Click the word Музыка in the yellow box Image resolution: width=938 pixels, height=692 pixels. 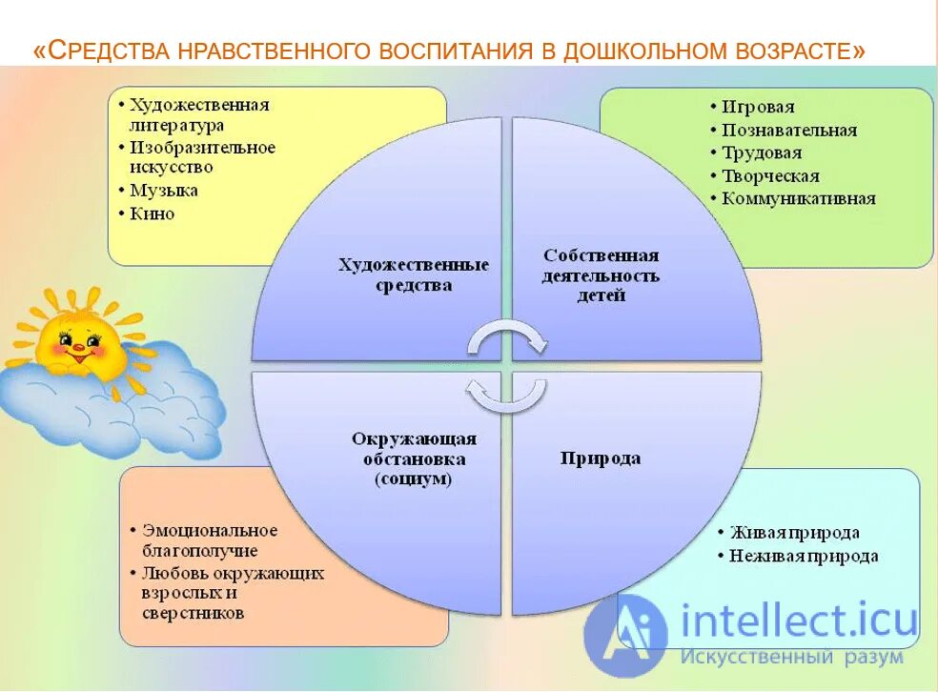[164, 191]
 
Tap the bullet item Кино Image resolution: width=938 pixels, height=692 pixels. [153, 214]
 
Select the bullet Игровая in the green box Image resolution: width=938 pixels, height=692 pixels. [758, 108]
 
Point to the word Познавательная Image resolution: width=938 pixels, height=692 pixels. [788, 131]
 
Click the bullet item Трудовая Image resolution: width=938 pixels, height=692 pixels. [762, 153]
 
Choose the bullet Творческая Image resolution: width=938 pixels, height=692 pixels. [770, 176]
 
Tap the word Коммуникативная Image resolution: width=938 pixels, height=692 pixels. [798, 199]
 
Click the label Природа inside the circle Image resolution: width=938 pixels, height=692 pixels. [600, 458]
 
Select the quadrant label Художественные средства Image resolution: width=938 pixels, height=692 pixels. [414, 275]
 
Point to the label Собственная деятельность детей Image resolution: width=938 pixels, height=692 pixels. [601, 275]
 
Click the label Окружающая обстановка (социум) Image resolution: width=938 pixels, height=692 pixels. [414, 458]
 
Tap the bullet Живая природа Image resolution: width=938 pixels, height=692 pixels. [795, 533]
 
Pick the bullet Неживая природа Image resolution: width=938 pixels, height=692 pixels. [804, 556]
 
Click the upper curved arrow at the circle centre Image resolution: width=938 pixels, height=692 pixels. [506, 337]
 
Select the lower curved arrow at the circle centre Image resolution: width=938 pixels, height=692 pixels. [506, 395]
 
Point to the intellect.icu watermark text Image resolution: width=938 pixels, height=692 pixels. [799, 621]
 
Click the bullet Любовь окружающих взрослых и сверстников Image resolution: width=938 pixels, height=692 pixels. [233, 593]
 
